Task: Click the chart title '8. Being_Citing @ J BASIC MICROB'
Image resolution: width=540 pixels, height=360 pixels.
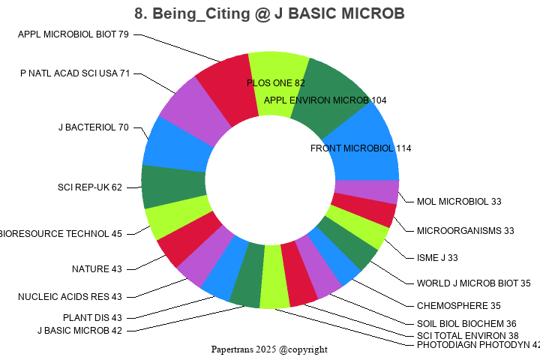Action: pyautogui.click(x=270, y=13)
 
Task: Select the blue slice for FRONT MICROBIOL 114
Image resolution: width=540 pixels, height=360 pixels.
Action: pyautogui.click(x=367, y=139)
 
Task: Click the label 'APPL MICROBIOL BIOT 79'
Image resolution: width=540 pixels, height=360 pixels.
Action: pyautogui.click(x=73, y=34)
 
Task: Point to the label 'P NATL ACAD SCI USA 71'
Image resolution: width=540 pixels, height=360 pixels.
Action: pyautogui.click(x=76, y=73)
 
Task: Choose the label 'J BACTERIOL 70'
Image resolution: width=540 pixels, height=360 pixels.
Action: pyautogui.click(x=94, y=127)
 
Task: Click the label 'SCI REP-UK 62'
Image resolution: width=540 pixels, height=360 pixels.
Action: pyautogui.click(x=90, y=187)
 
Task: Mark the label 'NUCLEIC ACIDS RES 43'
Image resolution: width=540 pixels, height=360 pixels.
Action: pyautogui.click(x=70, y=297)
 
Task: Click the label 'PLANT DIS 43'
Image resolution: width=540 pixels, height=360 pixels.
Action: pyautogui.click(x=92, y=318)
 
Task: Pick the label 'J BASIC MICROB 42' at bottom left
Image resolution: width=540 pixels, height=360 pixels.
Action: pyautogui.click(x=79, y=331)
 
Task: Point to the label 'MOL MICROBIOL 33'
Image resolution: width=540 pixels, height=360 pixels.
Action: pyautogui.click(x=459, y=202)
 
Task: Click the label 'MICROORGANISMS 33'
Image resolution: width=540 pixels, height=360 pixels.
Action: pyautogui.click(x=465, y=230)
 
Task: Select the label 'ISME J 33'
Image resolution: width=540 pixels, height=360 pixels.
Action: pyautogui.click(x=437, y=258)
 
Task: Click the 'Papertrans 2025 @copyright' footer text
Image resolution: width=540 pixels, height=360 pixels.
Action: pyautogui.click(x=269, y=349)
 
